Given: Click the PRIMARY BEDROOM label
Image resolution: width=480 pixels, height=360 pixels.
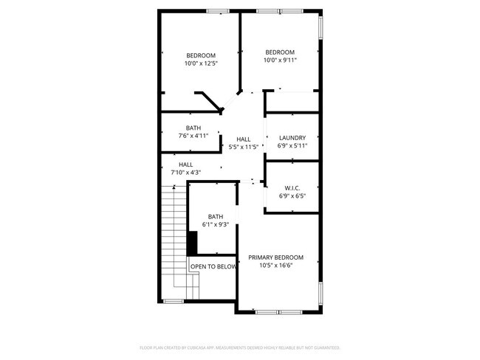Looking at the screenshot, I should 275,257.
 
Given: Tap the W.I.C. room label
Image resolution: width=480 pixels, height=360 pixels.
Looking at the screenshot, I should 292,187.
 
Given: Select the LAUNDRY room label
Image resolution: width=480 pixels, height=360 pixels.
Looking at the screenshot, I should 292,138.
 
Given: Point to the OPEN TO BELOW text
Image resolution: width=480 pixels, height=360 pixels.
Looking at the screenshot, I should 213,266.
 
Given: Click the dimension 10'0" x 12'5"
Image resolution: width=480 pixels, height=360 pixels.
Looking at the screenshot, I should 201,64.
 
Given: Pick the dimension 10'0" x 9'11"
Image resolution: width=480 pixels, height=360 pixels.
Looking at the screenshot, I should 280,60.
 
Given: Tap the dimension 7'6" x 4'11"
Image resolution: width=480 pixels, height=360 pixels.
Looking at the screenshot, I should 193,136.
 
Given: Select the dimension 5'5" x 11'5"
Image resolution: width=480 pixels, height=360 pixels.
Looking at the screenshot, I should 243,147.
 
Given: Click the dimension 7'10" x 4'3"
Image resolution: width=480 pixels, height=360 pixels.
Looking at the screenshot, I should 185,173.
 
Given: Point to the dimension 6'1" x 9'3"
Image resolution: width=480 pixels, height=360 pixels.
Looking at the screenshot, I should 216,225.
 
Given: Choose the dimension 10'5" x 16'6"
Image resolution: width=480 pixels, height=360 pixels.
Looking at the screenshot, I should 275,266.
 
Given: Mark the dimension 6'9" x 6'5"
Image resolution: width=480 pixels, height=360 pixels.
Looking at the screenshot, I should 292,196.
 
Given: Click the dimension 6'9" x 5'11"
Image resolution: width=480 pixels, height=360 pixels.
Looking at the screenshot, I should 292,146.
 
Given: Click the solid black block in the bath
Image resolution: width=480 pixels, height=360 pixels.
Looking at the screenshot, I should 192,242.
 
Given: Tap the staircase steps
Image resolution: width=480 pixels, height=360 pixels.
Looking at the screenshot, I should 175,236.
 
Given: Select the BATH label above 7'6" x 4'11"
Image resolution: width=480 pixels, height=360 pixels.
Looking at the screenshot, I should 193,128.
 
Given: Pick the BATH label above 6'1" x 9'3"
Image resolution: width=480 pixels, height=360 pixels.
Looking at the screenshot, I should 216,217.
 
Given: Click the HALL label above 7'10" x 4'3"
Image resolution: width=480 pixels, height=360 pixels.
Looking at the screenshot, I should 185,165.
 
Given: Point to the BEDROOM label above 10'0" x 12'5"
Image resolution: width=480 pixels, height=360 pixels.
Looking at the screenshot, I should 201,56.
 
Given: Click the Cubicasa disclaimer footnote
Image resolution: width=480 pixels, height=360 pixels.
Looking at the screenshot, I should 239,347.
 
